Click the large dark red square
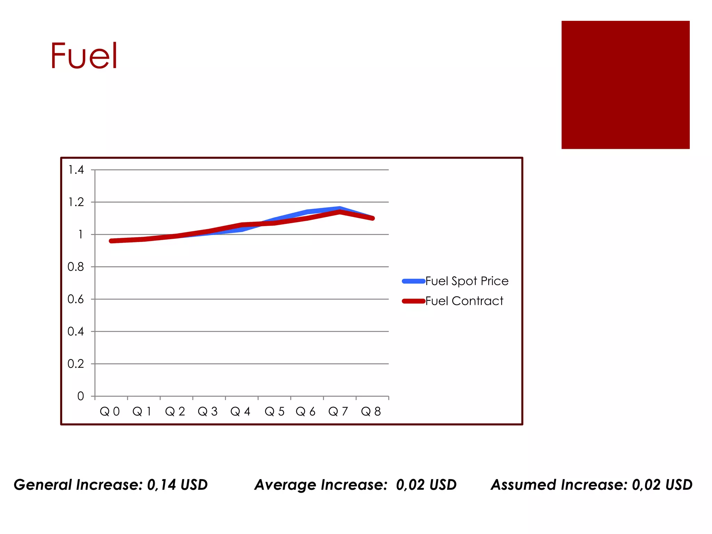pos(625,85)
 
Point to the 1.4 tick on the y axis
pos(76,170)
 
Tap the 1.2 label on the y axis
pos(76,202)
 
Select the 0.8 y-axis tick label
pos(75,267)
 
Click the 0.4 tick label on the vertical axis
pos(75,331)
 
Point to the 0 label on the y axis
pos(80,396)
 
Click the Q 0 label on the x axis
pos(110,412)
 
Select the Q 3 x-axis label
pos(208,412)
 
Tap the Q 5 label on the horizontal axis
pos(274,412)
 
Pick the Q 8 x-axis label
pos(371,412)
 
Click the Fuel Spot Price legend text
pos(467,281)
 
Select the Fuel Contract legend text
pos(464,301)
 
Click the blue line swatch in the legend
pos(413,281)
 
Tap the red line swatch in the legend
pos(413,301)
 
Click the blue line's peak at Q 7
pos(339,208)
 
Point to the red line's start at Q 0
pos(111,241)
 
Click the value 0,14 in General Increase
pos(161,485)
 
